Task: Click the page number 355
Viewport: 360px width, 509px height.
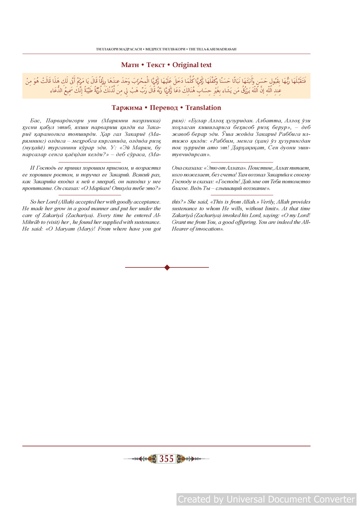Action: [166, 459]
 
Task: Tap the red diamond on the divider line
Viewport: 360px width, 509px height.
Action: [167, 267]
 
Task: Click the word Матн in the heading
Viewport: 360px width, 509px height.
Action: [130, 65]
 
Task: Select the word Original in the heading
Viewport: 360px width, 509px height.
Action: [185, 65]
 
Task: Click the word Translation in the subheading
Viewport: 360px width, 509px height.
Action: [203, 108]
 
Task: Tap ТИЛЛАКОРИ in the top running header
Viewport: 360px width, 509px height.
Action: [108, 49]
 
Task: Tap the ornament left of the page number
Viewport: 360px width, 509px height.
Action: [148, 459]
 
